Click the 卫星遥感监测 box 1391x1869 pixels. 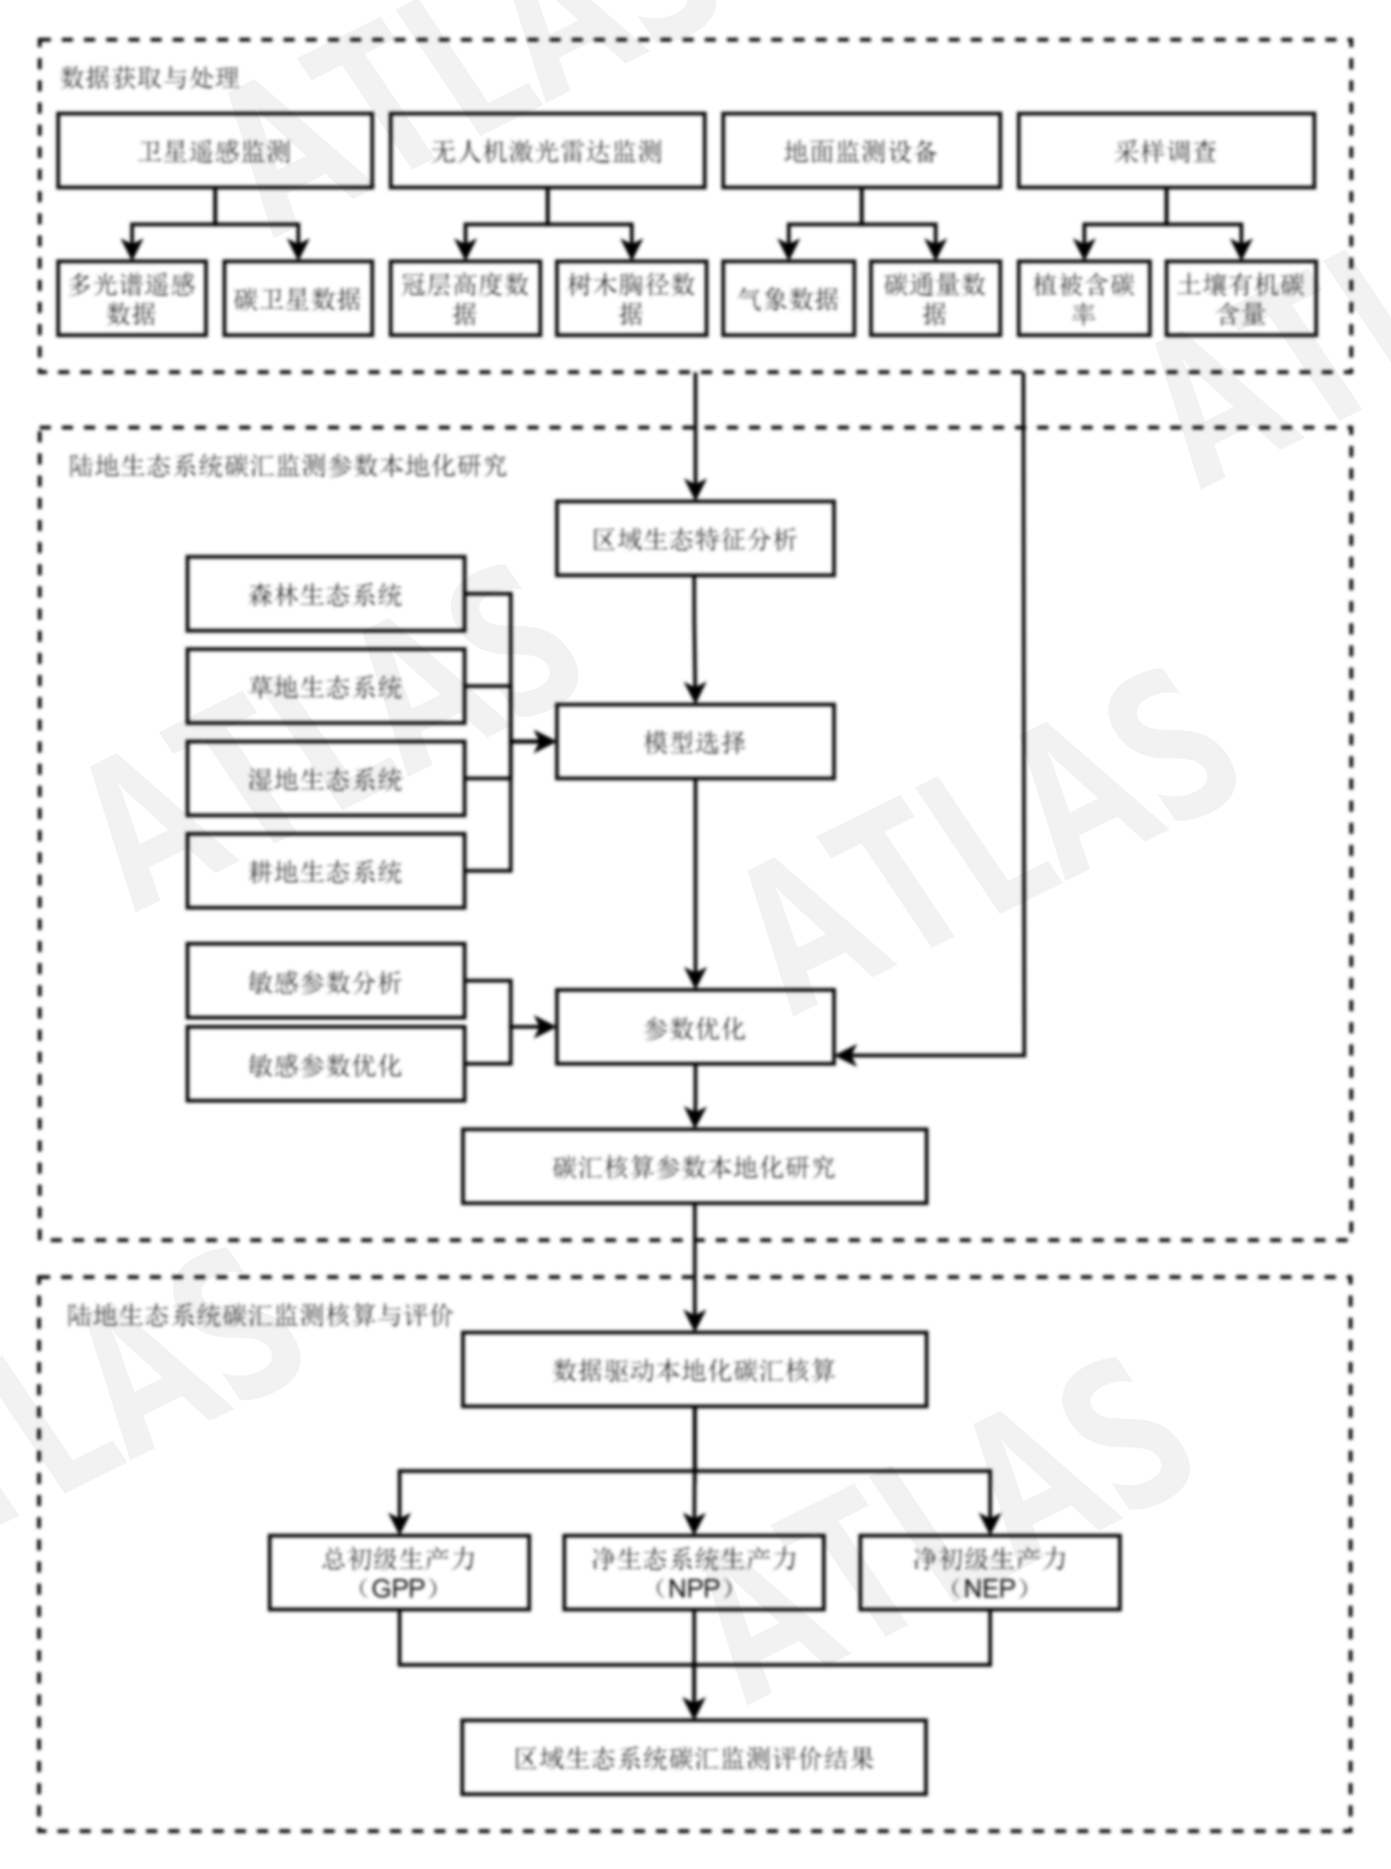point(215,151)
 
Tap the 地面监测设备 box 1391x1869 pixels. point(861,151)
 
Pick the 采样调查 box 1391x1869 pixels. point(1166,151)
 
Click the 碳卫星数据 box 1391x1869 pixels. point(297,299)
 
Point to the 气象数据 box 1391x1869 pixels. point(788,299)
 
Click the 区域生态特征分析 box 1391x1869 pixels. point(695,539)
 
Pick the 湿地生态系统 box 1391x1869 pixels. point(325,779)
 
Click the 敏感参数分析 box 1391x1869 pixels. point(325,981)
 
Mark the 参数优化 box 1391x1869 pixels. point(695,1027)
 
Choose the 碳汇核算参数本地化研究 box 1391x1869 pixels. point(695,1167)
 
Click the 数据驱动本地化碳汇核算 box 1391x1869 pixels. point(695,1370)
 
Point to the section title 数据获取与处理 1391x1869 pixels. point(150,78)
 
